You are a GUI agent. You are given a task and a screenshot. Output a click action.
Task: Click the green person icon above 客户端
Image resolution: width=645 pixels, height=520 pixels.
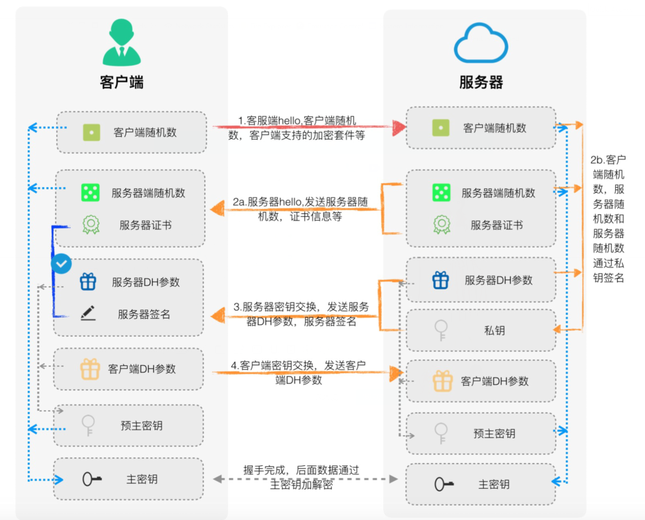(121, 43)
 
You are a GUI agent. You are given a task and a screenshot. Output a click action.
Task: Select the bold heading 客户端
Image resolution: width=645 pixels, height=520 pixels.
(121, 82)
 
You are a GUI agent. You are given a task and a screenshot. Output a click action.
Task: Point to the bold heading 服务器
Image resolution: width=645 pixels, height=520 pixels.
(481, 82)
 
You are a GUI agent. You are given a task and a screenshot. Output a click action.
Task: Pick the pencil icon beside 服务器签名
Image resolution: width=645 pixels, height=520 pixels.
(88, 313)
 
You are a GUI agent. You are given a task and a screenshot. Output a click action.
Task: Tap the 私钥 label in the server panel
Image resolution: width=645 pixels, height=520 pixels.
(494, 331)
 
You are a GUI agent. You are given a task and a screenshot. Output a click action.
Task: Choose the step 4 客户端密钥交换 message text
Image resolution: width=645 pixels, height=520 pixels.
(299, 372)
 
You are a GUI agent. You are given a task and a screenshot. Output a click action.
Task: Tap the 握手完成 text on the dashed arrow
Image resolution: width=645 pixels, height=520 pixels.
(301, 477)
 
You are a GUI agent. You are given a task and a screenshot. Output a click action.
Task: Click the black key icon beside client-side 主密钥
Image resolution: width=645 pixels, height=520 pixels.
(92, 480)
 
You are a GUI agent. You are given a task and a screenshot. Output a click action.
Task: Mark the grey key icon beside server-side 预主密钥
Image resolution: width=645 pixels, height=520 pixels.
(441, 432)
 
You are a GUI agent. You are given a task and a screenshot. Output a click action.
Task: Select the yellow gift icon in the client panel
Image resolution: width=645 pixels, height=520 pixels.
(90, 369)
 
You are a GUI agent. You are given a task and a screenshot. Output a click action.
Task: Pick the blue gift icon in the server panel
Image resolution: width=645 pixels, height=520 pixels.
(440, 280)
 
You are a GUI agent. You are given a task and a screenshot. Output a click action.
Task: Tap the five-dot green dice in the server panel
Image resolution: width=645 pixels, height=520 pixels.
(441, 193)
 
